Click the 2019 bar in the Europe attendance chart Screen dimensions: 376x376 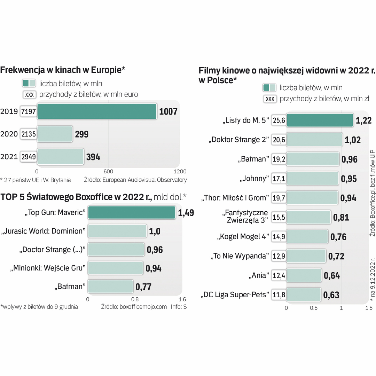click(x=97, y=111)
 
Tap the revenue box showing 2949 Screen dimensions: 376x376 click(x=29, y=157)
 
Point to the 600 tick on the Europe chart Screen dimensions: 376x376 click(x=108, y=171)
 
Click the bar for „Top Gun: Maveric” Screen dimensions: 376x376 click(x=132, y=213)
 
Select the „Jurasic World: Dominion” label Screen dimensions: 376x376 click(x=44, y=231)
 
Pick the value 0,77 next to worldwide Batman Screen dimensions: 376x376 click(x=143, y=287)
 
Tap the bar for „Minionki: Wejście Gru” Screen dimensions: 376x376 click(x=115, y=268)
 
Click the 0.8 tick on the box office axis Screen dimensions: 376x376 click(x=135, y=299)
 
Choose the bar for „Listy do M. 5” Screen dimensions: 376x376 click(x=320, y=120)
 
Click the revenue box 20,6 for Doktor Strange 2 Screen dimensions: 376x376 click(x=279, y=140)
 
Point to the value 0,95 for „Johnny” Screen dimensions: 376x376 click(x=349, y=179)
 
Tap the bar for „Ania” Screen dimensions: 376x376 click(x=304, y=275)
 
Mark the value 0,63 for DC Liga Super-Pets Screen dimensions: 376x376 click(x=331, y=295)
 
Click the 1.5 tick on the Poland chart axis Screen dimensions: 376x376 click(x=369, y=308)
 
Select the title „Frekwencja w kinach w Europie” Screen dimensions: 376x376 click(x=63, y=70)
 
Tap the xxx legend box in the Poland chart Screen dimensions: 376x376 click(x=270, y=99)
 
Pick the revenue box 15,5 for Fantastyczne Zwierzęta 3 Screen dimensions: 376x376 click(x=279, y=217)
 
